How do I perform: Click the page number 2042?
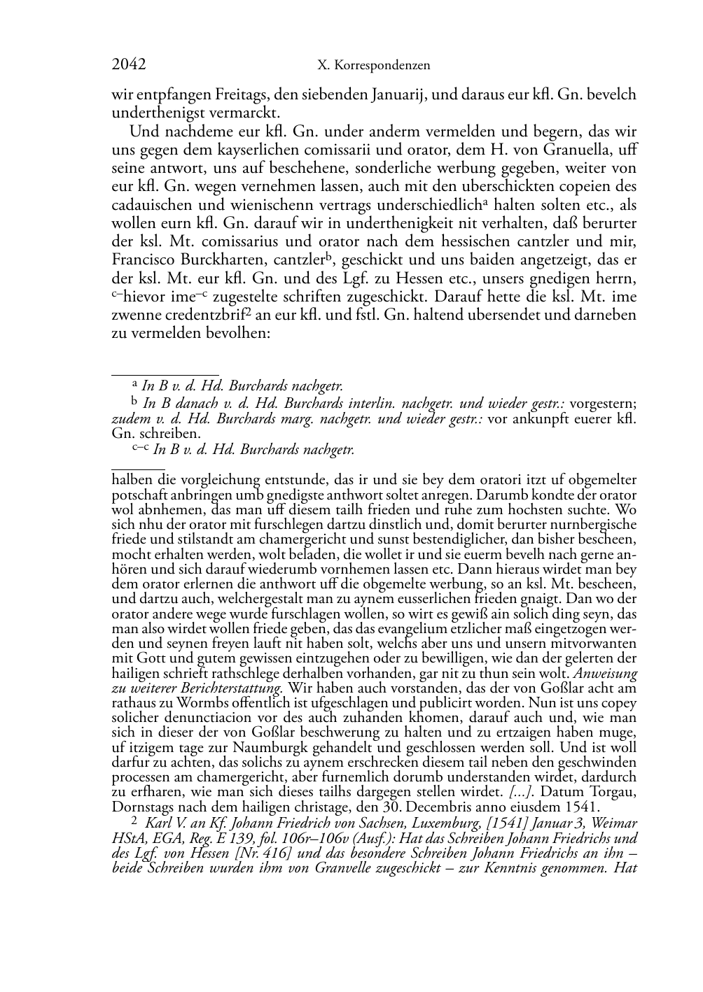128,65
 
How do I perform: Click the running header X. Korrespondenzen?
373,66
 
